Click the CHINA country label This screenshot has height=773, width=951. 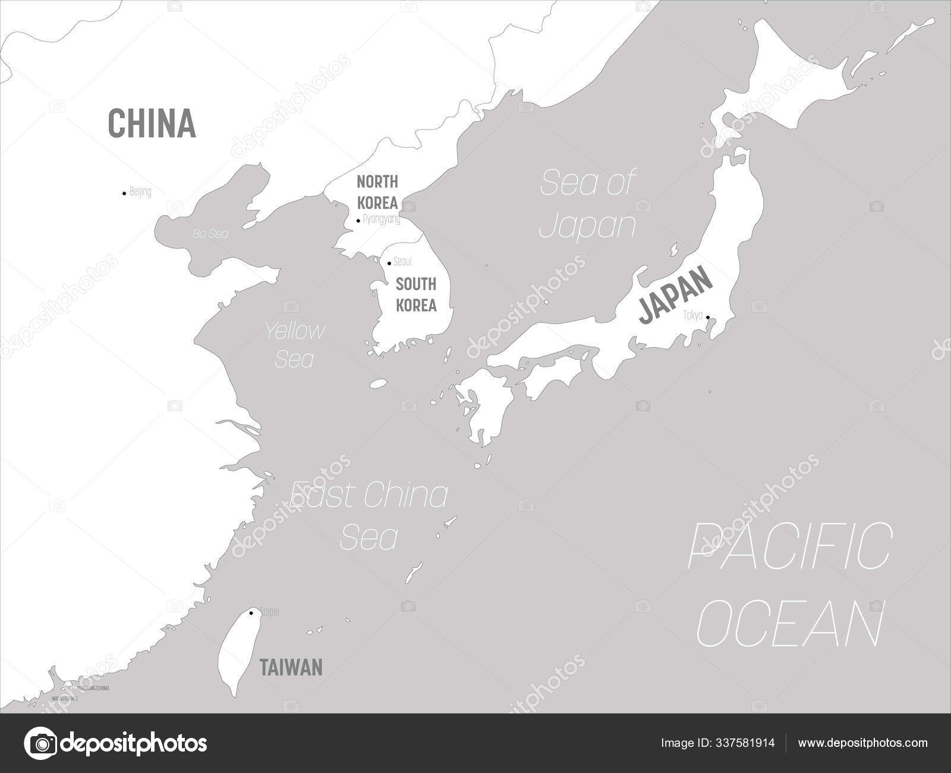pyautogui.click(x=152, y=123)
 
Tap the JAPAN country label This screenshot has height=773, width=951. pyautogui.click(x=675, y=296)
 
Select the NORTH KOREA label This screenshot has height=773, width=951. pyautogui.click(x=377, y=191)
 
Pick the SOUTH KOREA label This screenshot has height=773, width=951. pyautogui.click(x=416, y=295)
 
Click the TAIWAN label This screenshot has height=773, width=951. pyautogui.click(x=291, y=667)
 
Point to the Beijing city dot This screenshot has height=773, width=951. pyautogui.click(x=124, y=193)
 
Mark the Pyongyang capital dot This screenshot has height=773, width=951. pyautogui.click(x=358, y=221)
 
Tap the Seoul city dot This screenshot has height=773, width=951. pyautogui.click(x=389, y=263)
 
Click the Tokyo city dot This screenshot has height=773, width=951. pyautogui.click(x=708, y=318)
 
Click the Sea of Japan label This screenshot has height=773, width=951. pyautogui.click(x=587, y=203)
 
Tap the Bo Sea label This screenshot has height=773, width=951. pyautogui.click(x=210, y=234)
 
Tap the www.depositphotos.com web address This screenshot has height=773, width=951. pyautogui.click(x=862, y=743)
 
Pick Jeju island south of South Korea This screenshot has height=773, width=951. pyautogui.click(x=379, y=384)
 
